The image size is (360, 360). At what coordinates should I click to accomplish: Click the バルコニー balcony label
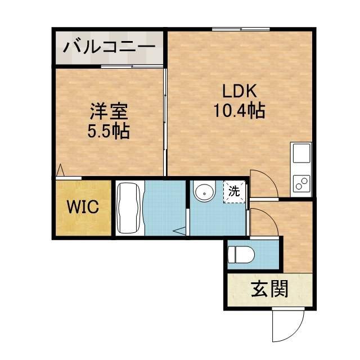(x=109, y=47)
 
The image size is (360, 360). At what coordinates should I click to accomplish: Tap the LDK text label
(x=239, y=91)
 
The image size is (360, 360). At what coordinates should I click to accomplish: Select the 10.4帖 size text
(x=239, y=110)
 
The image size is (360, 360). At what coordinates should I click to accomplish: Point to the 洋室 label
(x=109, y=111)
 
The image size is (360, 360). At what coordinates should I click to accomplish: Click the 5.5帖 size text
(x=109, y=131)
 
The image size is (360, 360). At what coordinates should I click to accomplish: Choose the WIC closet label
(x=83, y=206)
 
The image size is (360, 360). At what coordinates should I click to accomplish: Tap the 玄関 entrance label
(x=269, y=289)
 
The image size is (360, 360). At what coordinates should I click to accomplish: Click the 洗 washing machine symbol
(x=234, y=191)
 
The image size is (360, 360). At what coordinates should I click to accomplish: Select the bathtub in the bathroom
(x=129, y=208)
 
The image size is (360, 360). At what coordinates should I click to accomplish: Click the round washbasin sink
(x=204, y=191)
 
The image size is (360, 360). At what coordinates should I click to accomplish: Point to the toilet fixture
(x=241, y=255)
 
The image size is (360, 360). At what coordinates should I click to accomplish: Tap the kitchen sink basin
(x=301, y=153)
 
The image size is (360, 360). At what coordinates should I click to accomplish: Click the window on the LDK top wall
(x=241, y=29)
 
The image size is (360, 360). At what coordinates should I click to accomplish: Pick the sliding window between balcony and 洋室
(x=132, y=66)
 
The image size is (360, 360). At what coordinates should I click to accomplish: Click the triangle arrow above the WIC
(x=61, y=170)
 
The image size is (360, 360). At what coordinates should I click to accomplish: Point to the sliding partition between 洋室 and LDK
(x=165, y=121)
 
